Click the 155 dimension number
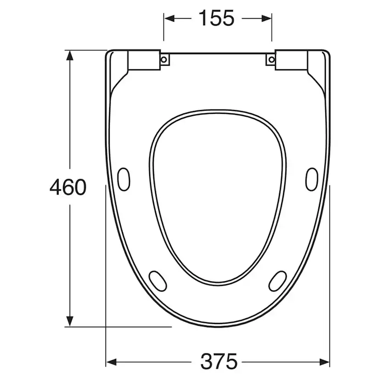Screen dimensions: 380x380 (x=217, y=18)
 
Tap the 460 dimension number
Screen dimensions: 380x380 (x=68, y=187)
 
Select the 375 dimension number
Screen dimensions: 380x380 (x=219, y=361)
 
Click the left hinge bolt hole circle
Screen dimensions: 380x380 (x=164, y=59)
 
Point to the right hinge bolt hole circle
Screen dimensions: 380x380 (x=272, y=59)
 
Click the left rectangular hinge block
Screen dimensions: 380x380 (x=144, y=60)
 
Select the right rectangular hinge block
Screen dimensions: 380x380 (x=291, y=60)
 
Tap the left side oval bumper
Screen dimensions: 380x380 (x=123, y=179)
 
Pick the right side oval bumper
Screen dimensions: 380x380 (x=312, y=179)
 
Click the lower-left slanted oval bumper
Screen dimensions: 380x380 (x=158, y=281)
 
